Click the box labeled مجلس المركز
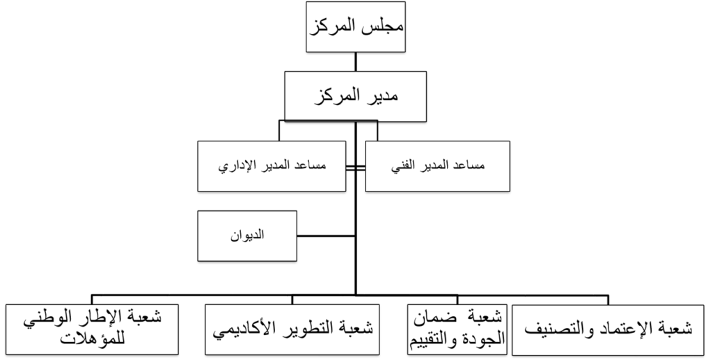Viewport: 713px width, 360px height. (356, 27)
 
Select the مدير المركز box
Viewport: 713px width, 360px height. (356, 96)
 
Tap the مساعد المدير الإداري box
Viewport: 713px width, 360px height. (272, 166)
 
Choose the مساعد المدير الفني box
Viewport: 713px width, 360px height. (437, 166)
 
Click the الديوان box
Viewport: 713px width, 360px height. (247, 236)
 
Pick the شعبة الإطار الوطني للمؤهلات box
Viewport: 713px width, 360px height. (92, 329)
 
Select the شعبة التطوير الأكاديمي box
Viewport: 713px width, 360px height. (292, 329)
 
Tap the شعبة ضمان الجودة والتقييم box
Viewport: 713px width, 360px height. (458, 329)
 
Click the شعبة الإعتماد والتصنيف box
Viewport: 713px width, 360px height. (608, 329)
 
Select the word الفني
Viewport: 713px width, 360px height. (403, 166)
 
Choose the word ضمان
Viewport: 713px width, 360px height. (430, 319)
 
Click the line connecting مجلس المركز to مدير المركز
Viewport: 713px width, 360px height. (356, 62)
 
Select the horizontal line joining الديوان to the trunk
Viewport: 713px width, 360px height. (326, 236)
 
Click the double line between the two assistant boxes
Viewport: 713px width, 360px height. (356, 169)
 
